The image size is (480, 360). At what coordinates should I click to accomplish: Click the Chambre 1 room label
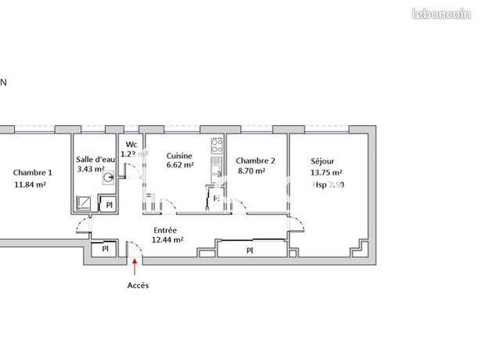(33, 173)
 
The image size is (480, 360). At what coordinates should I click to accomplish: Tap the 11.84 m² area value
(31, 185)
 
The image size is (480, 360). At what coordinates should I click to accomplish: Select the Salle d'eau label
(96, 159)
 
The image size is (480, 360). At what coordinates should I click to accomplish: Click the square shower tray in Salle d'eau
(85, 203)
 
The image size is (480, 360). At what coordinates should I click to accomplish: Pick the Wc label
(132, 145)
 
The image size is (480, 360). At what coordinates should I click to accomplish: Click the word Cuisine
(179, 155)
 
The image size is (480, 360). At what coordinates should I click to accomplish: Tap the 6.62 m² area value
(179, 165)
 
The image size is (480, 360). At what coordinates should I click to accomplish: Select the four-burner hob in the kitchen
(217, 145)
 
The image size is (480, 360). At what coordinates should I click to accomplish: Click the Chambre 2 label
(254, 160)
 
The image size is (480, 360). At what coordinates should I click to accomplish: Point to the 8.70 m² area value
(251, 171)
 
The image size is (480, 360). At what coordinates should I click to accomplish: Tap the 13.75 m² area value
(327, 173)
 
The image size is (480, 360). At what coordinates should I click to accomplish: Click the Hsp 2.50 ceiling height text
(327, 185)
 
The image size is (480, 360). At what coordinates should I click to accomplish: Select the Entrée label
(165, 230)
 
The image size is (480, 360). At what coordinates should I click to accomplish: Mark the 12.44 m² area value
(168, 240)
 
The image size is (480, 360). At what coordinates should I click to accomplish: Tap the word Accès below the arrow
(138, 286)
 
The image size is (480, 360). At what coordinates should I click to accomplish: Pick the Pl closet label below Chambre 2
(250, 250)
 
